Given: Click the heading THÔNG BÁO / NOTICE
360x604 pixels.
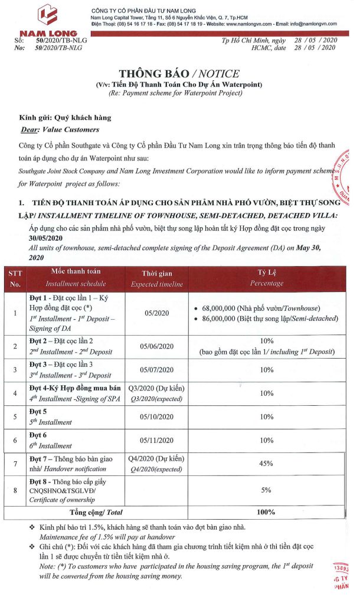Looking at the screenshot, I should pyautogui.click(x=179, y=74).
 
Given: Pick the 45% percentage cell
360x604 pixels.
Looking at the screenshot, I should pyautogui.click(x=267, y=464).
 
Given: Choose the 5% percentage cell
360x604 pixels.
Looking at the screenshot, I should pyautogui.click(x=267, y=489).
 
